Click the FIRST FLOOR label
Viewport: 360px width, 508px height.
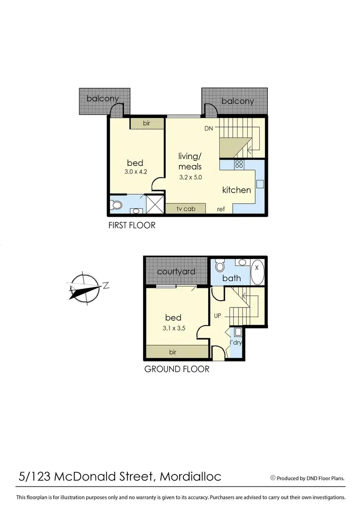[x=132, y=225]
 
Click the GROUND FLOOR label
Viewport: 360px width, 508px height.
[x=177, y=369]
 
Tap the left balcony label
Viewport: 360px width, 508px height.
[x=103, y=99]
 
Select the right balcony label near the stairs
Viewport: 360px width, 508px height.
[x=237, y=101]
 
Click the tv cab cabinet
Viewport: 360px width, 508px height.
[x=185, y=209]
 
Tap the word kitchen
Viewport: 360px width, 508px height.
[x=236, y=190]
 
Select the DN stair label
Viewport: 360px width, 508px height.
[x=208, y=129]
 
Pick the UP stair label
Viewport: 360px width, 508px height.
[x=217, y=317]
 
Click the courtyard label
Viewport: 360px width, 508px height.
[x=176, y=272]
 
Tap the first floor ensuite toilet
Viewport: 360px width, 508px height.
[x=115, y=206]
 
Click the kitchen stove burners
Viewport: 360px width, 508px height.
[x=239, y=165]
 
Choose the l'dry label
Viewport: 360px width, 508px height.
[x=236, y=343]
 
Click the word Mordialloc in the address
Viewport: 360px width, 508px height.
[x=190, y=477]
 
